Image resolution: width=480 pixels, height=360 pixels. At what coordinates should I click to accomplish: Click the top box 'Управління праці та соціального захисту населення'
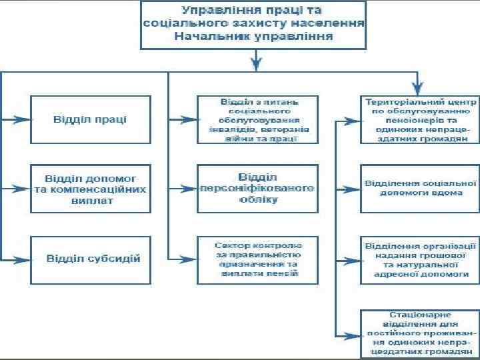254,24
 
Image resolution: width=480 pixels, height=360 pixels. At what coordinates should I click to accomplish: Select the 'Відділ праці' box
91,119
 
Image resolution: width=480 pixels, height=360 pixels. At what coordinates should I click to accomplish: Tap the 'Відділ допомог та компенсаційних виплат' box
91,189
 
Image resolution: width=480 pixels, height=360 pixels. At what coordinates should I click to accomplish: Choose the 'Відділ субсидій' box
91,258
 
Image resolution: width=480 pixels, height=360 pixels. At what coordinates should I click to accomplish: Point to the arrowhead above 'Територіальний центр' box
418,88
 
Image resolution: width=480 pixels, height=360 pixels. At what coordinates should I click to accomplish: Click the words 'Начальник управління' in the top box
254,35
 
